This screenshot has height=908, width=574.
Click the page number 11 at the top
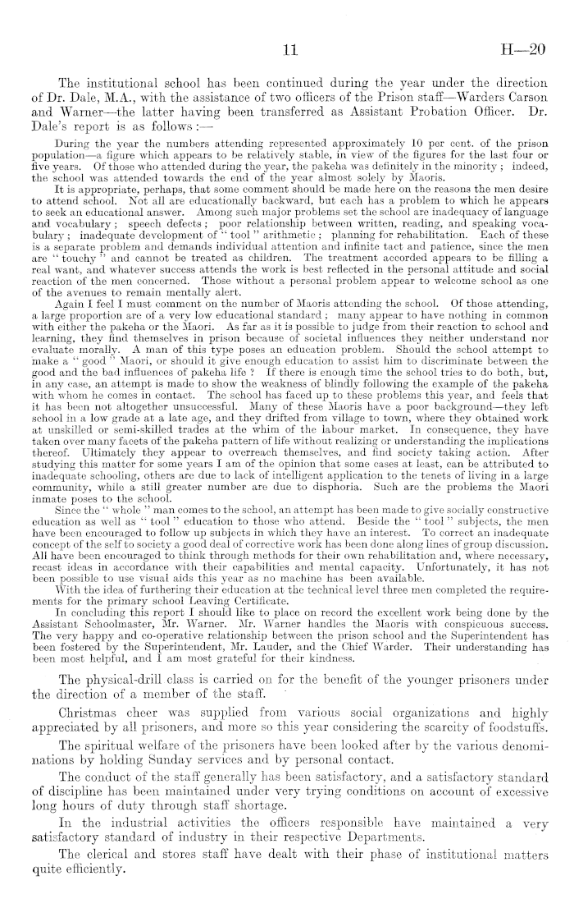[288, 50]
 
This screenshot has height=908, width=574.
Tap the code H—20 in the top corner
[526, 50]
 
